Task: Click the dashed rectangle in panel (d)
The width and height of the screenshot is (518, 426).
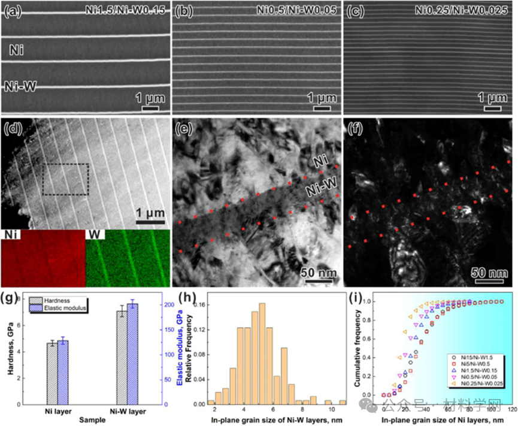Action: (x=65, y=179)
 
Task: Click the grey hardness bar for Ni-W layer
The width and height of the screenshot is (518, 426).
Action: (x=122, y=358)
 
